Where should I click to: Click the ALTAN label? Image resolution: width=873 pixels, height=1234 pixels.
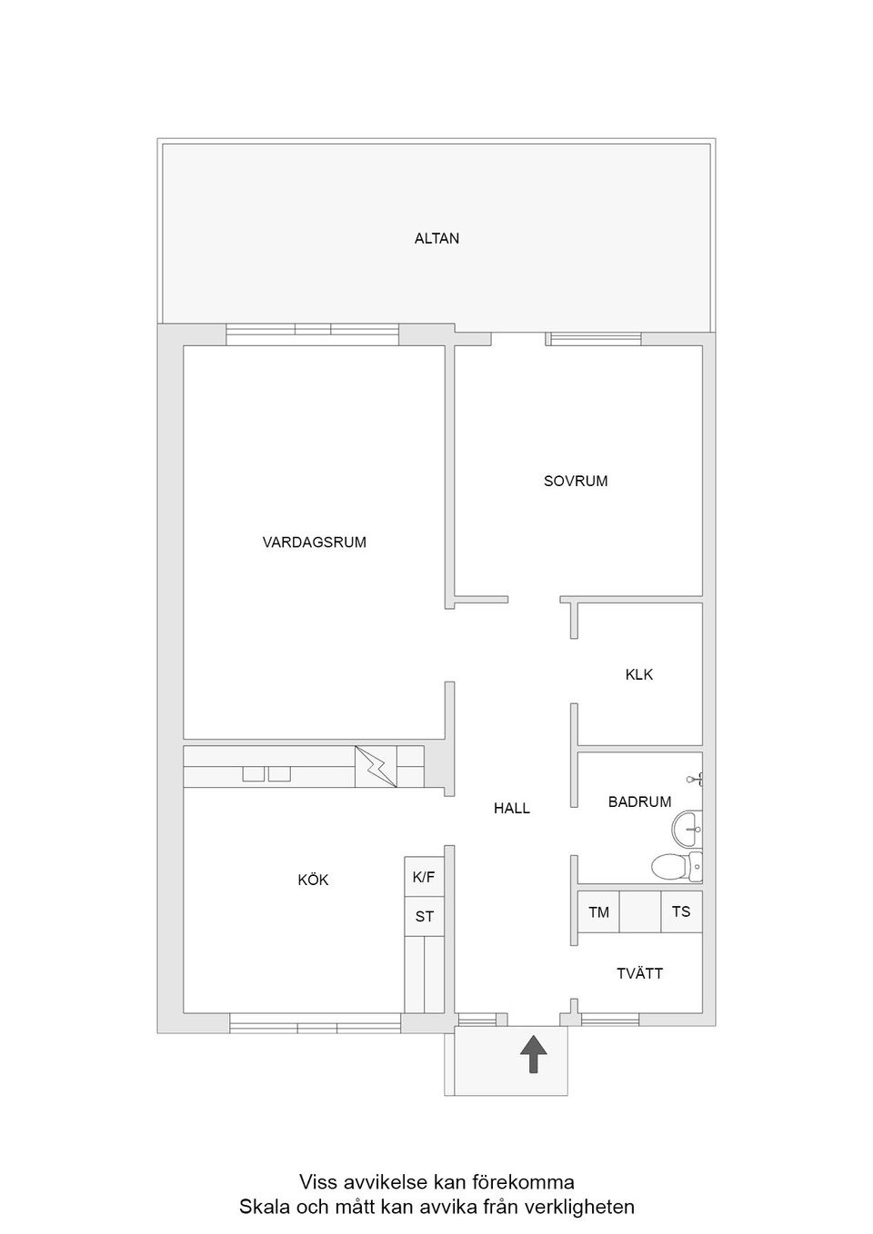click(x=436, y=239)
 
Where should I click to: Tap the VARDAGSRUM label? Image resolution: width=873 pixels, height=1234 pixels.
click(x=314, y=542)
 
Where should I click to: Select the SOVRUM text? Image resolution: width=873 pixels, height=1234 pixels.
click(x=576, y=482)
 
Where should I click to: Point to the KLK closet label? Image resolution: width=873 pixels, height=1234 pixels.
click(x=638, y=675)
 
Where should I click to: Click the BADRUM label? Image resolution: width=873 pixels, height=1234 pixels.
click(x=639, y=801)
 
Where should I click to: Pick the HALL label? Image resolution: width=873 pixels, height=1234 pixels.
click(x=512, y=808)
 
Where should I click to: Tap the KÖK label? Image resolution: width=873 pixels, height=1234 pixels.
click(x=313, y=881)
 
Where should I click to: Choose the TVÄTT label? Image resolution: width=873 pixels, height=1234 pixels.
click(x=639, y=973)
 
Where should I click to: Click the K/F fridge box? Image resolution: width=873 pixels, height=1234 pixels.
click(x=424, y=877)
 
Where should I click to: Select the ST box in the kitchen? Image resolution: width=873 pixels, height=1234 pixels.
click(x=424, y=917)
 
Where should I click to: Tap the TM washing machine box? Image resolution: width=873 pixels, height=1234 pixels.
click(x=598, y=911)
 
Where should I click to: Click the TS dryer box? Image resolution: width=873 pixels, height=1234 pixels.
click(x=681, y=911)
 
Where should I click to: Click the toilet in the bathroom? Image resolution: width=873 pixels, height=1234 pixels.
click(x=673, y=867)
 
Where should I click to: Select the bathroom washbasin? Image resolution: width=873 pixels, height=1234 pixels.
click(x=687, y=828)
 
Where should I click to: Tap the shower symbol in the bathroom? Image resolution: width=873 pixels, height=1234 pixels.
click(x=696, y=778)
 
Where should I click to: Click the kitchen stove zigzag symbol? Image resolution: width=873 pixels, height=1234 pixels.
click(x=376, y=767)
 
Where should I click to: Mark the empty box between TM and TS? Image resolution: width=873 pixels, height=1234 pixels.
click(x=639, y=911)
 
